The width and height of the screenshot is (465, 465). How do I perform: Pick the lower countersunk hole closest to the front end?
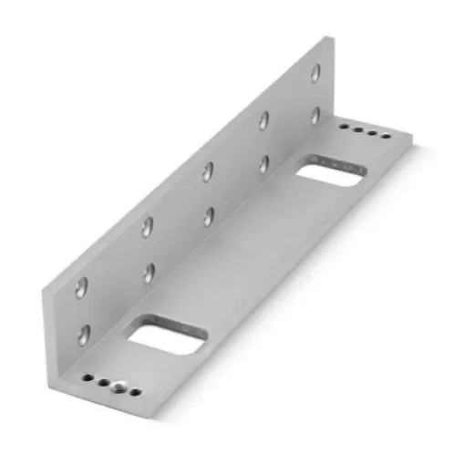(x=86, y=332)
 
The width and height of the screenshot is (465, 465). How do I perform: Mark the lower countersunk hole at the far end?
(x=315, y=116)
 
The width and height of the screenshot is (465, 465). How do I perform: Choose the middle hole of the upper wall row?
(x=209, y=171)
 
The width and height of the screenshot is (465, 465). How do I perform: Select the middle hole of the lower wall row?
(x=209, y=215)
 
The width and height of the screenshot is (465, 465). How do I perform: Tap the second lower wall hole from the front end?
(x=149, y=272)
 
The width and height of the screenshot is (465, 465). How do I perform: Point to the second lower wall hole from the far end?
(x=264, y=164)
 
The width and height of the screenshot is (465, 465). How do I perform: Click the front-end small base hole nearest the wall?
(x=88, y=377)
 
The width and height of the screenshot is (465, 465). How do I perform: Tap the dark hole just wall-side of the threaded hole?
(x=103, y=382)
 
